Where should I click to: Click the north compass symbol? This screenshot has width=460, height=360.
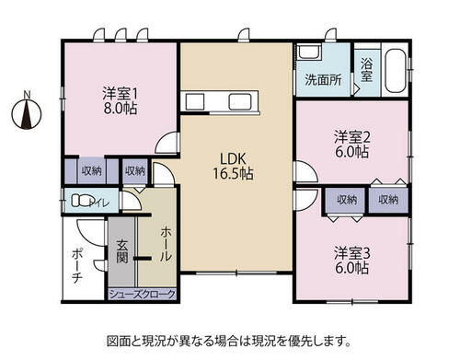pos(27,111)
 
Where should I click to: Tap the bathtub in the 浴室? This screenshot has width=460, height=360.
pos(396,71)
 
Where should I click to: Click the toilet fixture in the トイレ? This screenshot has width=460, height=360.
pos(79,201)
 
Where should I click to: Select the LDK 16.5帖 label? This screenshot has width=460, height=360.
pos(233,166)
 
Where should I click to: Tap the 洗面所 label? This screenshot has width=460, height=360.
pos(323,80)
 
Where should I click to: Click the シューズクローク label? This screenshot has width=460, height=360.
pos(143,295)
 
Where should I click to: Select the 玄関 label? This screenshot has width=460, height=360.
pos(122,251)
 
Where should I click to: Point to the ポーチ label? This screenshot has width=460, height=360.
pos(77,266)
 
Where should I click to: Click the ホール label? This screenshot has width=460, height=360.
pos(166,244)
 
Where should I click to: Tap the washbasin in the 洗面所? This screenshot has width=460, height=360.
pos(309,52)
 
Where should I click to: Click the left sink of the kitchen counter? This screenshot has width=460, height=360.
pos(195,101)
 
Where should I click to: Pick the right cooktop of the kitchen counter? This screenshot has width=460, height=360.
pos(240,101)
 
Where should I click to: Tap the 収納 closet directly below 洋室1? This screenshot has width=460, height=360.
pos(92,171)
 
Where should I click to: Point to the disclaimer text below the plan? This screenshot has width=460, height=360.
pos(229,341)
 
